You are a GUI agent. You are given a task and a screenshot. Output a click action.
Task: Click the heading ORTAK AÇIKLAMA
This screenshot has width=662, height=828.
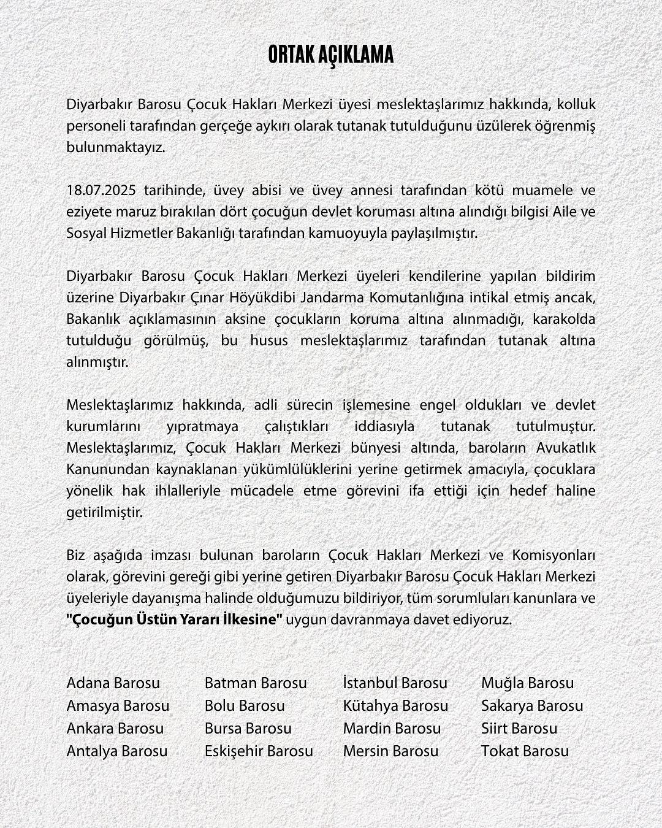pyautogui.click(x=330, y=55)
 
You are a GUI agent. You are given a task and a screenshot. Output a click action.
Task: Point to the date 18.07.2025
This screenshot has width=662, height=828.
pyautogui.click(x=102, y=190)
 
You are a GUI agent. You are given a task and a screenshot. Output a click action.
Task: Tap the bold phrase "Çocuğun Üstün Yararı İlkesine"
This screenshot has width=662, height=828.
pyautogui.click(x=174, y=619)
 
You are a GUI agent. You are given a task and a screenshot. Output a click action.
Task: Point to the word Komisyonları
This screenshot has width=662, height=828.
pyautogui.click(x=558, y=555)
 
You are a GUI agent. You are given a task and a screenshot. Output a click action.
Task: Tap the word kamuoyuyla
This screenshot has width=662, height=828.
pyautogui.click(x=354, y=233)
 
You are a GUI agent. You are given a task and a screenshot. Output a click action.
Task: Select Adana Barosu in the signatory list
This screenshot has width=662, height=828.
pyautogui.click(x=113, y=683)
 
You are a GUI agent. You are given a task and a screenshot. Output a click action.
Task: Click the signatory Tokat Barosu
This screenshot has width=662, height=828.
pyautogui.click(x=525, y=751)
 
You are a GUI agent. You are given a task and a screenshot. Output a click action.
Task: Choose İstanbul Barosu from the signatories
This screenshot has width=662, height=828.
pyautogui.click(x=395, y=683)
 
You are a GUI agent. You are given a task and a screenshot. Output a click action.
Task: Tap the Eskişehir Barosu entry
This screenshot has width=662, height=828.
pyautogui.click(x=259, y=751)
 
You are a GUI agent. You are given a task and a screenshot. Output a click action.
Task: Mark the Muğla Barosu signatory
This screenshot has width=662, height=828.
pyautogui.click(x=527, y=683)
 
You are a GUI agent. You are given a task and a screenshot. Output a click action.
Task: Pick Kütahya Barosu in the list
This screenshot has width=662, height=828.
pyautogui.click(x=395, y=705)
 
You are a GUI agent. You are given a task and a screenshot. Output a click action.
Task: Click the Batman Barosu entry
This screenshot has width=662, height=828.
pyautogui.click(x=256, y=683)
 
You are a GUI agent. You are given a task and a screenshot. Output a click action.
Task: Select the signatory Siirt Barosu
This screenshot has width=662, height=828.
pyautogui.click(x=519, y=728)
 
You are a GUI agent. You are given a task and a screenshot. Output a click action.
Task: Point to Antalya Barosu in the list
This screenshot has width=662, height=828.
pyautogui.click(x=117, y=751)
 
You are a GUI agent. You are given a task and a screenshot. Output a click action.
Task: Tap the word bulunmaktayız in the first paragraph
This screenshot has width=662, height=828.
pyautogui.click(x=116, y=148)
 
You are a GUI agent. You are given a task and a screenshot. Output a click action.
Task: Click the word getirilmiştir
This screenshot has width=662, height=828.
pyautogui.click(x=104, y=512)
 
